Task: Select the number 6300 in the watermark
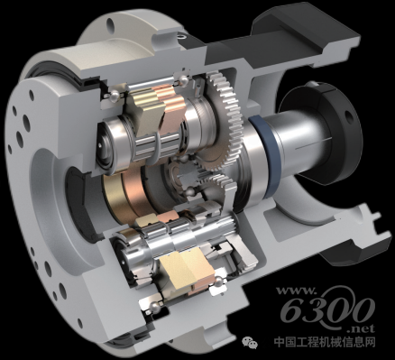(x=327, y=309)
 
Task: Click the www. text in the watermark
(x=296, y=291)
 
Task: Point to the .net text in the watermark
(x=364, y=328)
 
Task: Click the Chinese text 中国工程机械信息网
(x=325, y=342)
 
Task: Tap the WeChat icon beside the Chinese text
(x=250, y=341)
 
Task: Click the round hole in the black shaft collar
(x=348, y=115)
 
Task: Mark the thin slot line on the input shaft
(x=314, y=143)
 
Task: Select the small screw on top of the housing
(x=181, y=37)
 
